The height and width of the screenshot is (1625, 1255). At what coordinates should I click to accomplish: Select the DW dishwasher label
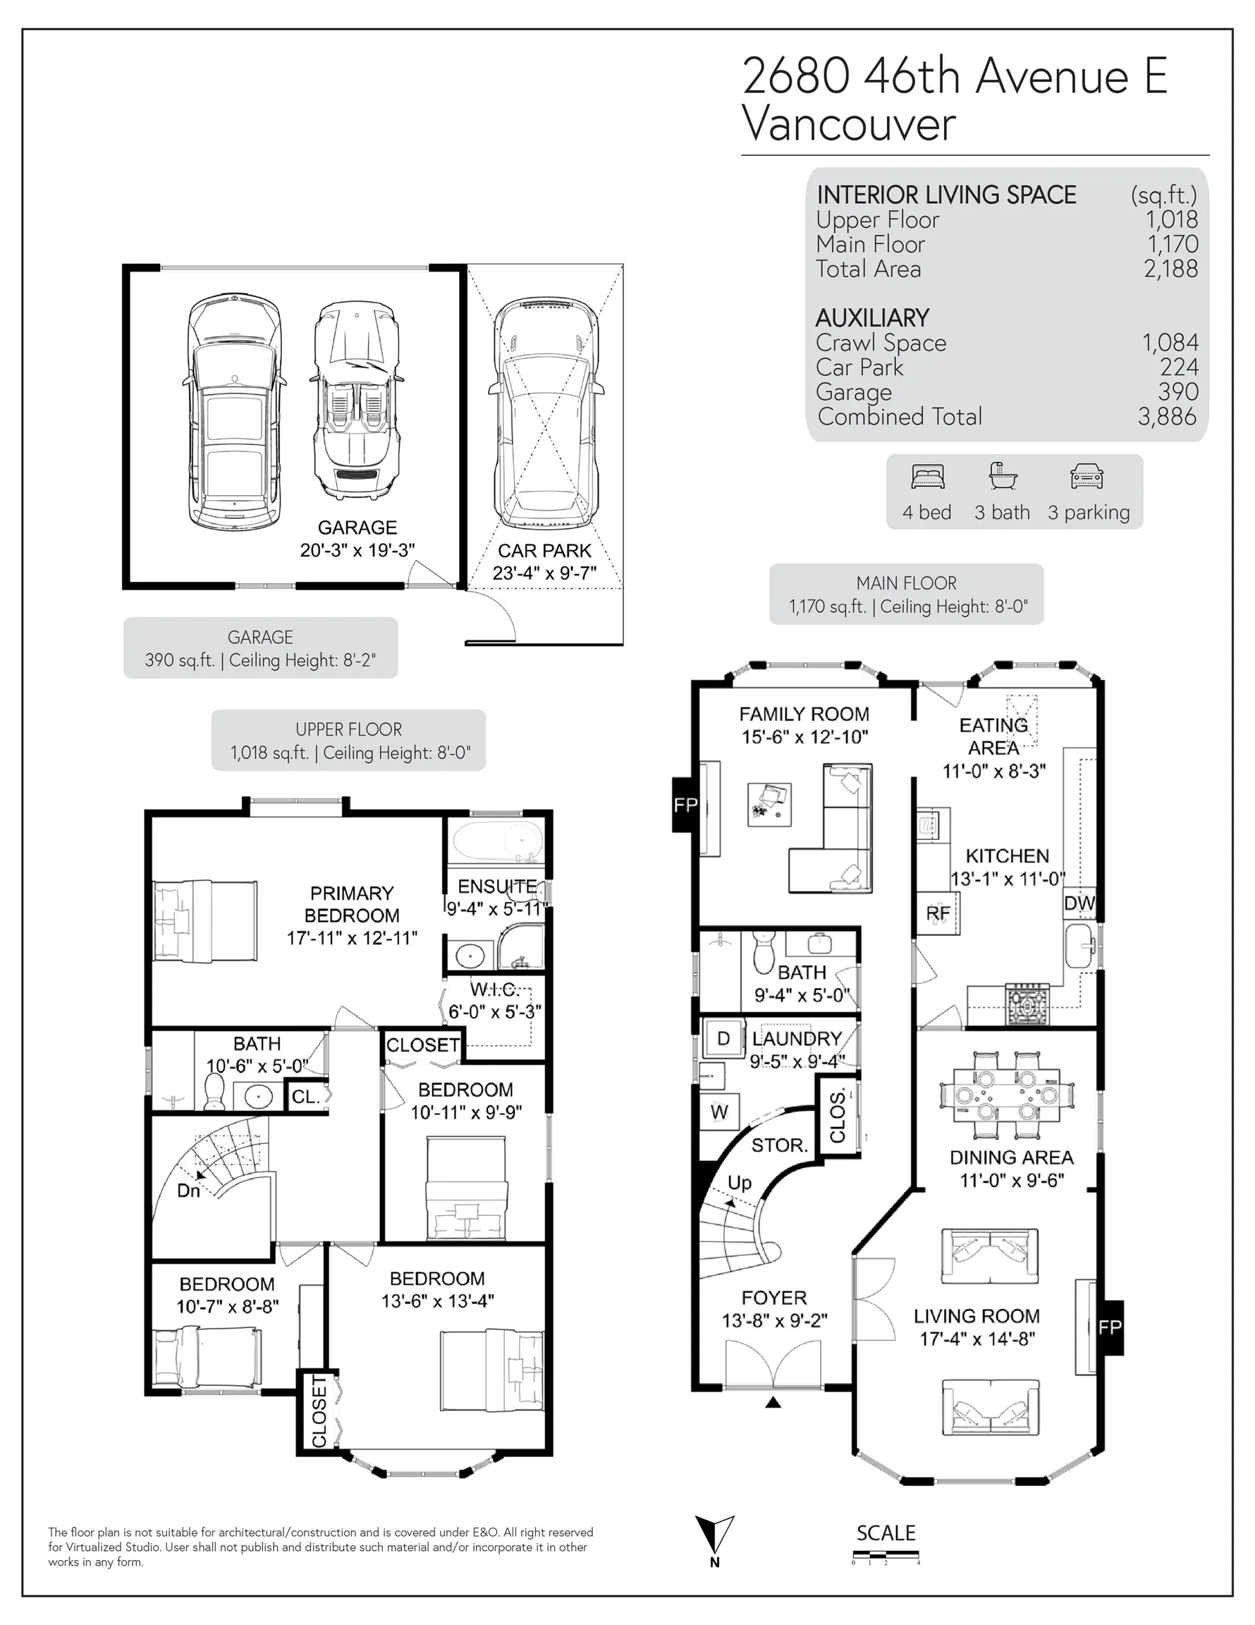tap(1079, 903)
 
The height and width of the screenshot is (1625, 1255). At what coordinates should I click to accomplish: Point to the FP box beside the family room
tap(686, 804)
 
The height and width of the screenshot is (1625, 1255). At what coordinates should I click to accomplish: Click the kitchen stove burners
tap(1027, 1004)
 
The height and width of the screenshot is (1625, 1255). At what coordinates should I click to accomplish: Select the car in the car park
tap(545, 414)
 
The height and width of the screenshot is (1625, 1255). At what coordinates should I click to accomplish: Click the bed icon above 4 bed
tap(928, 476)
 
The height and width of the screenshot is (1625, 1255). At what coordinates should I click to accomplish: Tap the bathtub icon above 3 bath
tap(1003, 475)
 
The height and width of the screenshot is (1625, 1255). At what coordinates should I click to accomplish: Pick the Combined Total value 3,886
tap(1167, 417)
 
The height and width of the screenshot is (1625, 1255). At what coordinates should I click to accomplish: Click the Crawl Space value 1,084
tap(1170, 342)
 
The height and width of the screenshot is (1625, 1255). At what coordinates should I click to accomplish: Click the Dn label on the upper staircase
tap(188, 1191)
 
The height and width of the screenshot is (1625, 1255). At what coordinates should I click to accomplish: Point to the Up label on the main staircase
tap(740, 1183)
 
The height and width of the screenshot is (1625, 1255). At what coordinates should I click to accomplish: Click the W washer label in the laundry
tap(719, 1112)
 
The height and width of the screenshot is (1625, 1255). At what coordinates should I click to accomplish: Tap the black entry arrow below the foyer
tap(773, 1404)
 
